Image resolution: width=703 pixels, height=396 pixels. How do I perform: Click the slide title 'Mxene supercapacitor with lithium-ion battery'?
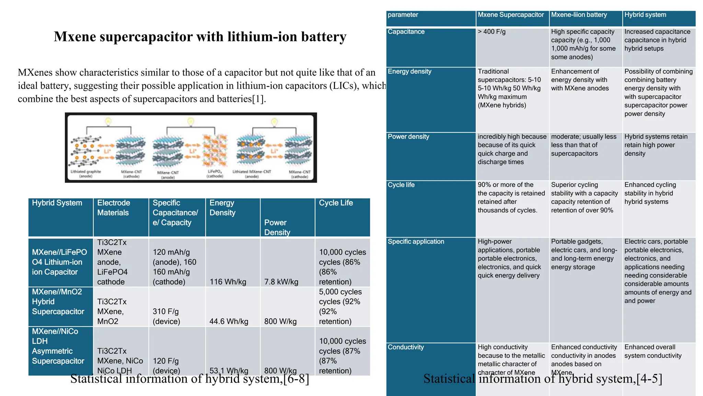(x=200, y=36)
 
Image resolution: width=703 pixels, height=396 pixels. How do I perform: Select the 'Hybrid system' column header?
(x=645, y=15)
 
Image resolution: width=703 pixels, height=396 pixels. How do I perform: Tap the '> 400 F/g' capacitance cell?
(x=492, y=32)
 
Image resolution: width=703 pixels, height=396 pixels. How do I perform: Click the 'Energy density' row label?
(x=409, y=71)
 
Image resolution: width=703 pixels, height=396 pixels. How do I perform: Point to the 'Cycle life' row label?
(x=401, y=185)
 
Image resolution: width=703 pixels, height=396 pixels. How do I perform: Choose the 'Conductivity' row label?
(x=405, y=347)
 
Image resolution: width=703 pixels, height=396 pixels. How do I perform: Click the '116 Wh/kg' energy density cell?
(x=228, y=282)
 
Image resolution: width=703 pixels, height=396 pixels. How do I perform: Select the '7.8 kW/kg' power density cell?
(x=281, y=282)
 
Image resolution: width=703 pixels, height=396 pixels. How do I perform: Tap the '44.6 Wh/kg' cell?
(x=229, y=321)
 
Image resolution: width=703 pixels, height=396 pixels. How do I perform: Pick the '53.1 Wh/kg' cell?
(x=229, y=371)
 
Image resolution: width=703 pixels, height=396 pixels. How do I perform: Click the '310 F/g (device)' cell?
(x=166, y=316)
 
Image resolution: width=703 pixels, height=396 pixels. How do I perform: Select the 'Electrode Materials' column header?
(x=113, y=208)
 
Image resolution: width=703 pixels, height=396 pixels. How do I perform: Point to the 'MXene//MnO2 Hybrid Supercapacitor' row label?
(x=58, y=301)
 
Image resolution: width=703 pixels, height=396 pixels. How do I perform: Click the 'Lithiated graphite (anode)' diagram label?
(x=86, y=174)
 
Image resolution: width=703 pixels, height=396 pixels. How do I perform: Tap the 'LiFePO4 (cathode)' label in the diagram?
(x=215, y=174)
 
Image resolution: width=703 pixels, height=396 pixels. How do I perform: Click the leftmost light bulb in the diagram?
(x=108, y=121)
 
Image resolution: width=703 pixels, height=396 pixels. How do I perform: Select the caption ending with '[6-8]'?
(x=189, y=379)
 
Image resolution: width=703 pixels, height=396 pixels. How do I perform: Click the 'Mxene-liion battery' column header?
(x=579, y=15)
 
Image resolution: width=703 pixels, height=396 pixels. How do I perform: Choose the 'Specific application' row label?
(x=416, y=242)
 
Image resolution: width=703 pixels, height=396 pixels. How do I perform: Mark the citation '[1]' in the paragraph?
(x=258, y=99)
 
